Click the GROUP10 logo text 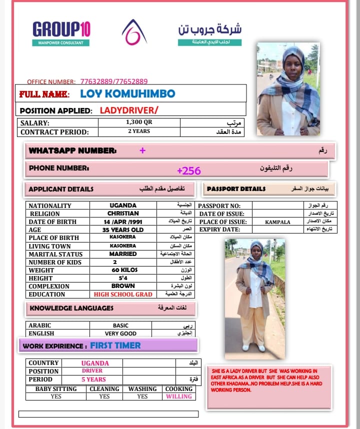[x=61, y=29]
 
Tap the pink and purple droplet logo [x=134, y=31]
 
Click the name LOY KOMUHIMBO [x=127, y=93]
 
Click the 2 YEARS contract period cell [x=139, y=132]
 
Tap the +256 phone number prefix [x=188, y=170]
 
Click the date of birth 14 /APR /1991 [x=123, y=221]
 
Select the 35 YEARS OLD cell [x=123, y=229]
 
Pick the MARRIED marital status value [x=123, y=254]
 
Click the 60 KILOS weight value [x=123, y=270]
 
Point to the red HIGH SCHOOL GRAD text [x=123, y=294]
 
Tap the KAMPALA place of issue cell [x=277, y=221]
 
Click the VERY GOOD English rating [x=121, y=333]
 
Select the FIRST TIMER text [x=115, y=345]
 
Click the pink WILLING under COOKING [x=178, y=396]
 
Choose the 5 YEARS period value [x=93, y=379]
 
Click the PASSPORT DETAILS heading [x=236, y=189]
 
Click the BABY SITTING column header [x=55, y=388]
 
